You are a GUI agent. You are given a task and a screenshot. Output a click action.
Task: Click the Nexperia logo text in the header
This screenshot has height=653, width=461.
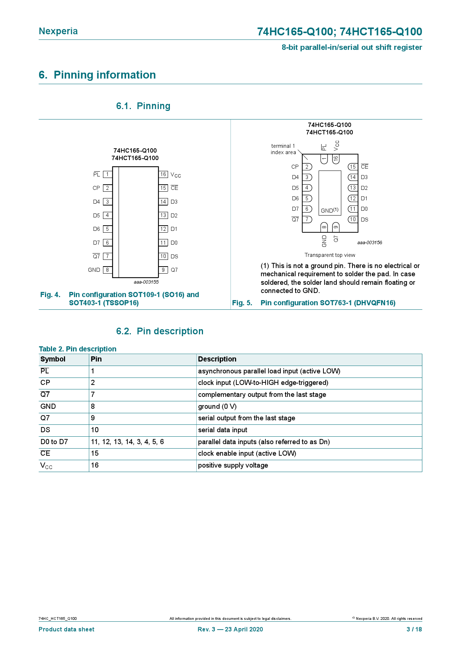click(x=58, y=31)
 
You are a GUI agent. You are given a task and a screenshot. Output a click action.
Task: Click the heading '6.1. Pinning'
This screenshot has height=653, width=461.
click(x=143, y=106)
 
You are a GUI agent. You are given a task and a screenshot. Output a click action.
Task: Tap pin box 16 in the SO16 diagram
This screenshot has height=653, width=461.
click(x=163, y=174)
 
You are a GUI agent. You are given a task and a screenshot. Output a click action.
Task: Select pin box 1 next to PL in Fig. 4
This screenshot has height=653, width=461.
click(x=107, y=174)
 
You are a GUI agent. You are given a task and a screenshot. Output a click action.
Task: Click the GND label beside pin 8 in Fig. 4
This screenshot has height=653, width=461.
click(x=94, y=270)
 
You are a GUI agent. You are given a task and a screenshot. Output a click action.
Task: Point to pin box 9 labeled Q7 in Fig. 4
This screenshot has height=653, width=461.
click(x=163, y=270)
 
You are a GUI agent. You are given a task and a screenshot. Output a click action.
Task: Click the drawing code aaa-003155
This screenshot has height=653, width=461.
click(x=146, y=282)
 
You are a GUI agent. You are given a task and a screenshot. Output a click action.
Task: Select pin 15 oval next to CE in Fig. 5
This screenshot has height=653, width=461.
click(x=353, y=167)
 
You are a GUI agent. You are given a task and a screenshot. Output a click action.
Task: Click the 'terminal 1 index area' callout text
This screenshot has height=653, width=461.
click(x=283, y=149)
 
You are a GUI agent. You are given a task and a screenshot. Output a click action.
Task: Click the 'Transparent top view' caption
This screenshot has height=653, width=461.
click(x=330, y=255)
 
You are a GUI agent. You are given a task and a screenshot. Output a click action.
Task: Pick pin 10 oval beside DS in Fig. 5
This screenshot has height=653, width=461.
click(x=353, y=220)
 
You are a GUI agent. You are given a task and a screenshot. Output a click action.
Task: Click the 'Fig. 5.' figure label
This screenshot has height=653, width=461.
click(x=242, y=303)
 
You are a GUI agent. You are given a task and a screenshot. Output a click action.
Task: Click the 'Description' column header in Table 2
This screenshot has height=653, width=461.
click(x=217, y=359)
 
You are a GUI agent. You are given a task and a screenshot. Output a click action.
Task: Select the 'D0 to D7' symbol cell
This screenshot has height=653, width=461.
click(x=54, y=442)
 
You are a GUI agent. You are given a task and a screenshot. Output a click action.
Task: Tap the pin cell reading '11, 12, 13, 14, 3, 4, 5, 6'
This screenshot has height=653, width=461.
click(x=128, y=442)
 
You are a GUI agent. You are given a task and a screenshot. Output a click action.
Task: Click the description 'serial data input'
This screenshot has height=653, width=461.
click(x=223, y=430)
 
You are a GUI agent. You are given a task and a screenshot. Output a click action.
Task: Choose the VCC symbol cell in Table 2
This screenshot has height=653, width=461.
click(x=46, y=466)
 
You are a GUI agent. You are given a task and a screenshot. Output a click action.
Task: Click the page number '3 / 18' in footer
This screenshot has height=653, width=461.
click(x=414, y=630)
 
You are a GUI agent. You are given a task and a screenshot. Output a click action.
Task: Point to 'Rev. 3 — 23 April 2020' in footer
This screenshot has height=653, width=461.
click(x=230, y=630)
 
